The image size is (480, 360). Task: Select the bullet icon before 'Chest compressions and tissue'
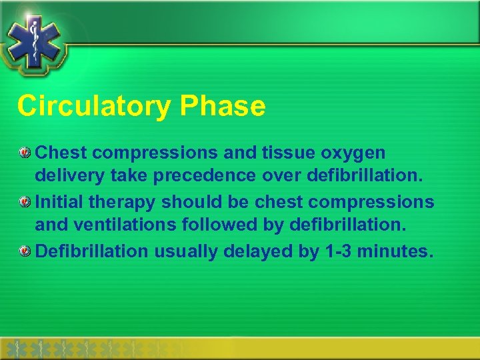(x=25, y=153)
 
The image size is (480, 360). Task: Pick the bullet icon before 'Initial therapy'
(x=25, y=202)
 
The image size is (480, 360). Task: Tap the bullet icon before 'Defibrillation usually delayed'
(x=25, y=251)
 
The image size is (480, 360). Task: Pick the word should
(x=192, y=201)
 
